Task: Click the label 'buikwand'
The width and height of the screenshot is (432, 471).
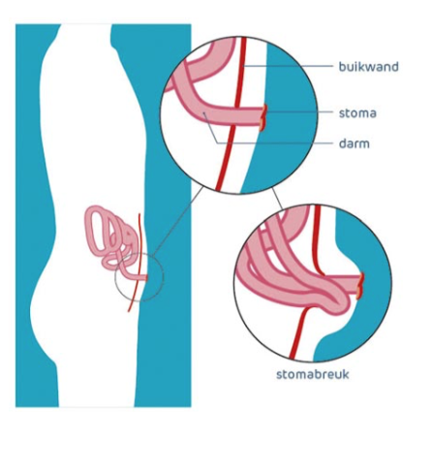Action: pos(368,67)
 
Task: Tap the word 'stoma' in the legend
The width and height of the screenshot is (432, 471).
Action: pos(357,113)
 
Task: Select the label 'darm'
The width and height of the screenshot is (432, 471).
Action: pos(355,143)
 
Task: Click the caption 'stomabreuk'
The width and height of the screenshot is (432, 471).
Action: pos(313,374)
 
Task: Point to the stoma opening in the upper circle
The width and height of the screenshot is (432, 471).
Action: pos(263,117)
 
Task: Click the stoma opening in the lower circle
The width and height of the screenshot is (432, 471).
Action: pos(360,286)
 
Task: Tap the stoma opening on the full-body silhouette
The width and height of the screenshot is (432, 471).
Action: pos(146,278)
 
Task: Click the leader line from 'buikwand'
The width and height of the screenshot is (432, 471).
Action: pos(288,66)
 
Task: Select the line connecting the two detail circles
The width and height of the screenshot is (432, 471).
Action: pos(277,199)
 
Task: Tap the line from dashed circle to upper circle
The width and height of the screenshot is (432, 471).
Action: pos(178,221)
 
